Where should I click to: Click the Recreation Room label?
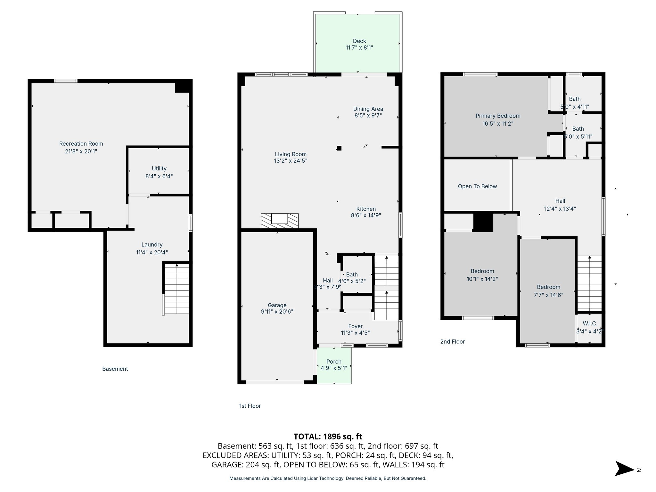[x=81, y=143]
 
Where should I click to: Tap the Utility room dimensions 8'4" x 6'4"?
[x=159, y=176]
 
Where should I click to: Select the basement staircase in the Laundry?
[x=176, y=288]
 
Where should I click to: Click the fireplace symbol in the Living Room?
[x=280, y=221]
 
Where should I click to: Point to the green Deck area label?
[x=359, y=41]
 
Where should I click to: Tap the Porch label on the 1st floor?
[x=334, y=362]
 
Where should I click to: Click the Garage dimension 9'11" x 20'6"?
[x=277, y=311]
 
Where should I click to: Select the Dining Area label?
[x=368, y=109]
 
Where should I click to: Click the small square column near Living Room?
[x=339, y=148]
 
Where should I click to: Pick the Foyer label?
[x=355, y=326]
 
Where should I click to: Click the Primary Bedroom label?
[x=498, y=116]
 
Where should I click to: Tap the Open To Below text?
[x=477, y=186]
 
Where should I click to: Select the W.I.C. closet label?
[x=590, y=324]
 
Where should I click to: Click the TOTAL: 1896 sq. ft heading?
[x=328, y=436]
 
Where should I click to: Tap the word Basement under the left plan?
[x=115, y=369]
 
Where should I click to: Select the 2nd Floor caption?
[x=452, y=341]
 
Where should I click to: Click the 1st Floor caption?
[x=250, y=406]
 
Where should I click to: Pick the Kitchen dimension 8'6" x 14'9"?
[x=366, y=215]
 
